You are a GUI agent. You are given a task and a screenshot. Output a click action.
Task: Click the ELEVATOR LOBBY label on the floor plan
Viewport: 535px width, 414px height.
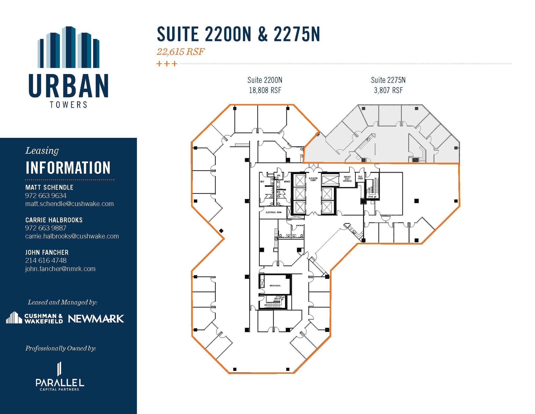tap(313, 179)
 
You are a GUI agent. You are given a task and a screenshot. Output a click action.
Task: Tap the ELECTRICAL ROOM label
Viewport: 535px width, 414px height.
tap(274, 212)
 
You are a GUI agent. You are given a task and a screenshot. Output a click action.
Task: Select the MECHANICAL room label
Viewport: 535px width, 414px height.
tap(275, 286)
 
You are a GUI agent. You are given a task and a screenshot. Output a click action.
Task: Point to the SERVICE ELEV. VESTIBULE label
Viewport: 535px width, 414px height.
tap(347, 179)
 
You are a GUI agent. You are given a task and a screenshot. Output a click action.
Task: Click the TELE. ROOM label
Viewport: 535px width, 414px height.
tap(360, 178)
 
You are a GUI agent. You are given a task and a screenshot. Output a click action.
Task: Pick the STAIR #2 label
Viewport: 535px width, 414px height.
tap(372, 197)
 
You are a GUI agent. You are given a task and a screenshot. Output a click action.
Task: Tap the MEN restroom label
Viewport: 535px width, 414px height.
tap(262, 182)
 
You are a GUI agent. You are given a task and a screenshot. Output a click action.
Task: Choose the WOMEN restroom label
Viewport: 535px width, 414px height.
tap(287, 182)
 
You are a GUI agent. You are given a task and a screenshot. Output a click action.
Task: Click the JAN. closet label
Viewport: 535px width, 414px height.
tap(278, 175)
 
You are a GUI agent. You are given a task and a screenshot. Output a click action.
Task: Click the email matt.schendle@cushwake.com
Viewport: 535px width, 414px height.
tap(69, 204)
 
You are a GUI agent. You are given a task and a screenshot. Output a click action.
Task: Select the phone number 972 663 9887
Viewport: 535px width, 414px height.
tap(46, 228)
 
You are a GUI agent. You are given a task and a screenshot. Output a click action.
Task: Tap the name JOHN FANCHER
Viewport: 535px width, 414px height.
tap(47, 252)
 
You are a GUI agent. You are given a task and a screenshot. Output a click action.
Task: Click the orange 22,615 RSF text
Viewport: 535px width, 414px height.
tap(180, 52)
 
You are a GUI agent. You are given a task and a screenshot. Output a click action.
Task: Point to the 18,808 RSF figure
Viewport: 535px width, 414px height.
tap(265, 90)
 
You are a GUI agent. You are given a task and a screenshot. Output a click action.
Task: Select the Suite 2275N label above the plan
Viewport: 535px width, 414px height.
tap(388, 80)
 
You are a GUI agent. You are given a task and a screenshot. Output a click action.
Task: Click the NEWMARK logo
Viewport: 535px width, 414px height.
tap(96, 319)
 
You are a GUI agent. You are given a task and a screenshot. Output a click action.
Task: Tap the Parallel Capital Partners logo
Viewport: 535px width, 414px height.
tap(60, 377)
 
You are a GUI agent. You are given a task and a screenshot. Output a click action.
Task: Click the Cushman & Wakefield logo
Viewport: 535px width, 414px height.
tap(34, 318)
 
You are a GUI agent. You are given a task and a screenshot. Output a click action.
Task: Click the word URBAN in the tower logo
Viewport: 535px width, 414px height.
tap(68, 86)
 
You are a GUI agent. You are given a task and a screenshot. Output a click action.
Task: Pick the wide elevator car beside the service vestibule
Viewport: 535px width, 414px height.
tap(330, 180)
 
